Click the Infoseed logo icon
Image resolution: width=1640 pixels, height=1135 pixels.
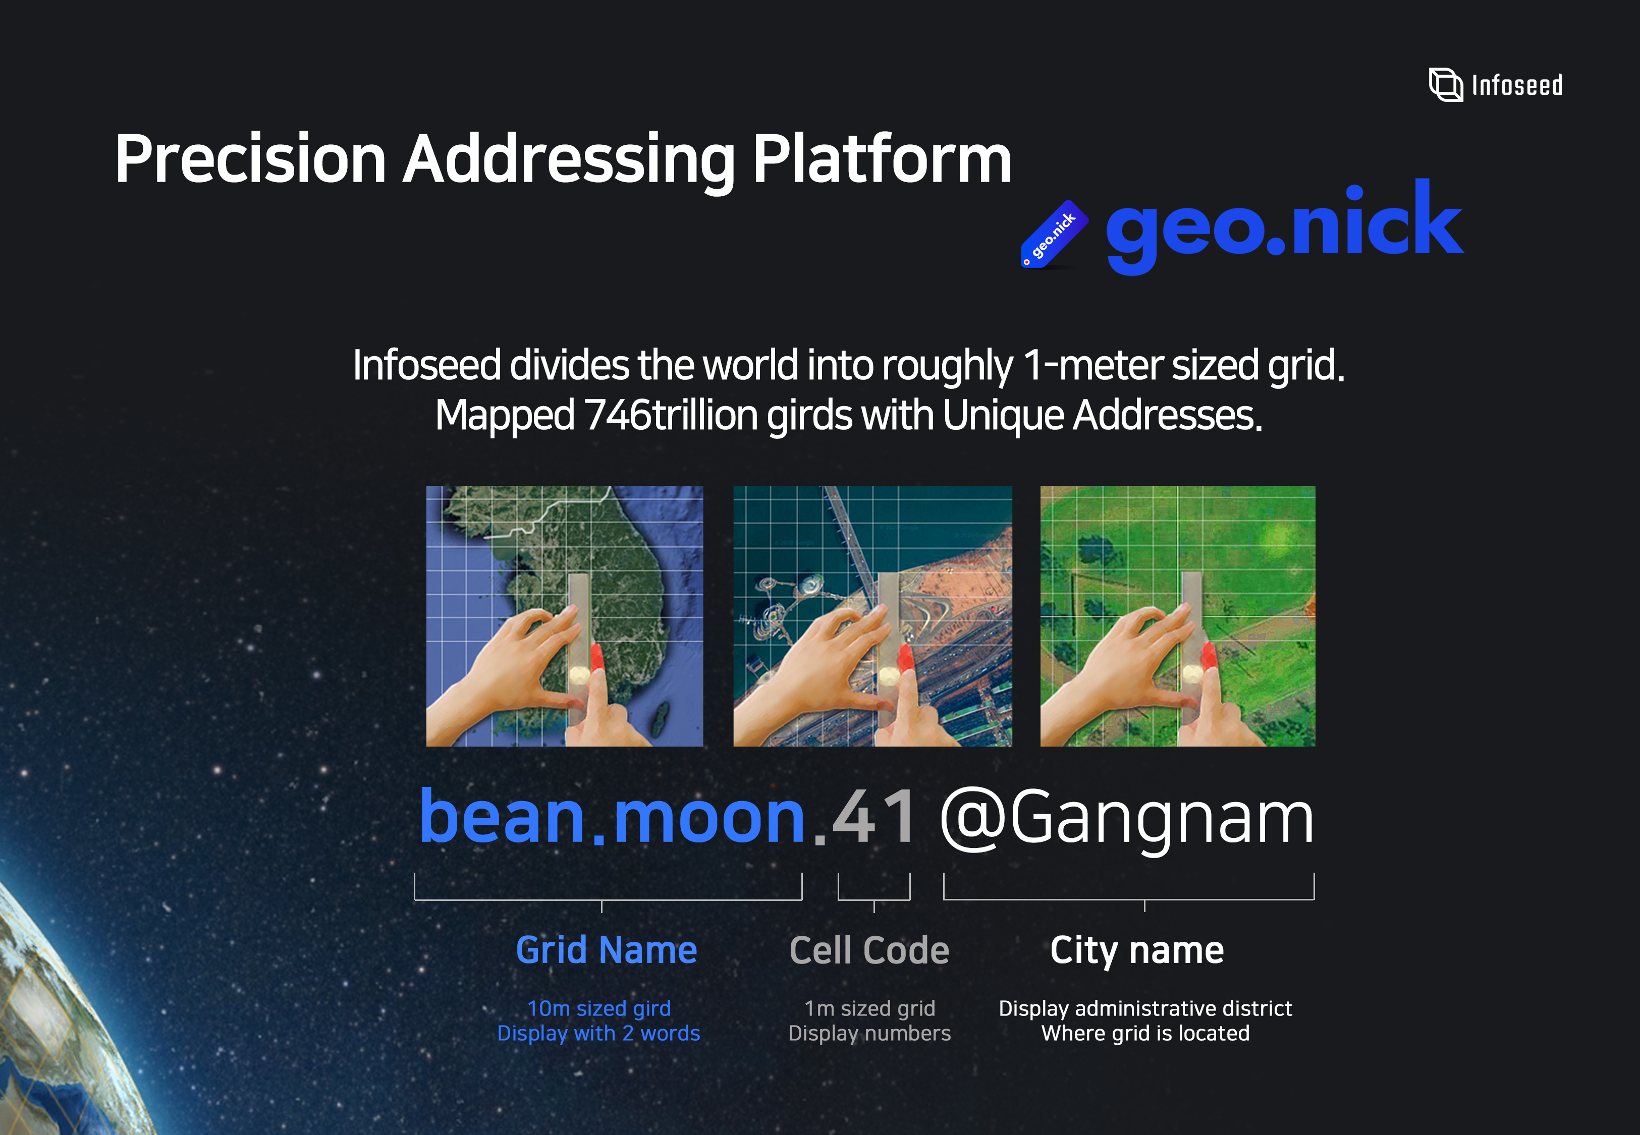(1446, 85)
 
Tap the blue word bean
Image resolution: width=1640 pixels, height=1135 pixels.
(502, 817)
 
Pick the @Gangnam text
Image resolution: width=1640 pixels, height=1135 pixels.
(1126, 821)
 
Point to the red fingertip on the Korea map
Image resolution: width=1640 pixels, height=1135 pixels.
(596, 656)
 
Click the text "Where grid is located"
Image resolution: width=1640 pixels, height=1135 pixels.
(1145, 1033)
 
